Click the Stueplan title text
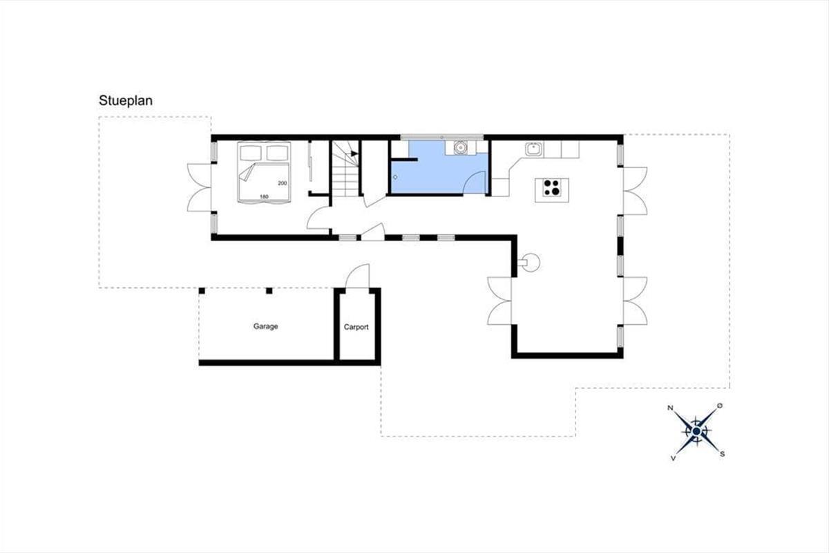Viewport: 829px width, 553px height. coord(126,101)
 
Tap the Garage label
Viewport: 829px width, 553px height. coord(265,326)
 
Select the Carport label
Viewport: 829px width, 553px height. coord(356,327)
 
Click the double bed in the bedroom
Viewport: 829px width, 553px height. coord(264,172)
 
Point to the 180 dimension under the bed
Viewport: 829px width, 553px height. coord(264,197)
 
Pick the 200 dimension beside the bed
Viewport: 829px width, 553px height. coord(283,183)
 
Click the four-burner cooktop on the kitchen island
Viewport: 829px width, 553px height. coord(552,187)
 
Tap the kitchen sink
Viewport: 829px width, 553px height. coord(533,149)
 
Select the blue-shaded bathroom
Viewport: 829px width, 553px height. coord(439,167)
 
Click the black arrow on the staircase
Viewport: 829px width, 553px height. coord(354,153)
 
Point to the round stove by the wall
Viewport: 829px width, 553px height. coord(531,263)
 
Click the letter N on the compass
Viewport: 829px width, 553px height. coord(670,408)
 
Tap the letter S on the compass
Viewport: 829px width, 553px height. coord(722,454)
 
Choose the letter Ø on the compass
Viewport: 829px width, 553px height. coord(719,406)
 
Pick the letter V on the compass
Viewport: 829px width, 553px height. coord(673,458)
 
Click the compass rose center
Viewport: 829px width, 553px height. coord(696,431)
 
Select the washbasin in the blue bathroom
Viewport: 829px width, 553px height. coord(460,147)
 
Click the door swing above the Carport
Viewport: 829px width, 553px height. coord(358,276)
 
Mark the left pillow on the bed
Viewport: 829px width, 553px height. coord(251,153)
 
